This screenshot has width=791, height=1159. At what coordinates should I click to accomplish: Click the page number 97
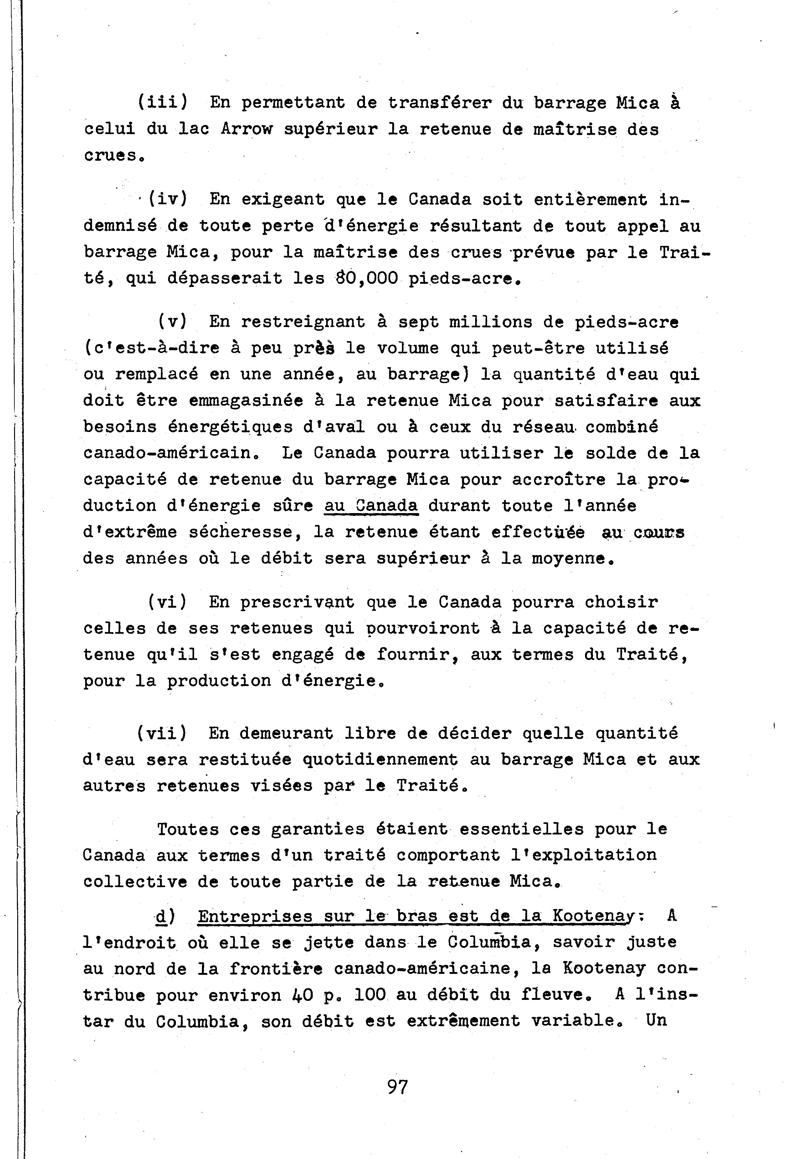(x=397, y=1086)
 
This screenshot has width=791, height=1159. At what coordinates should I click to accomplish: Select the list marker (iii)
(x=162, y=102)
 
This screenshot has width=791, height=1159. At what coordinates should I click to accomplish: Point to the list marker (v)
(x=172, y=322)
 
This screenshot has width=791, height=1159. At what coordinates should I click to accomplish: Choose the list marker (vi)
(x=167, y=602)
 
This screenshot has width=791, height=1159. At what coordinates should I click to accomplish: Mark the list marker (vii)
(x=162, y=733)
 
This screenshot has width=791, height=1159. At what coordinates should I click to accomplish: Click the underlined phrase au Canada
(x=371, y=506)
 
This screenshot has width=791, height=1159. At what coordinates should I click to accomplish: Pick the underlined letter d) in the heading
(x=163, y=916)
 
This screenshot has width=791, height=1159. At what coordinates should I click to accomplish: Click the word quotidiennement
(x=380, y=760)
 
